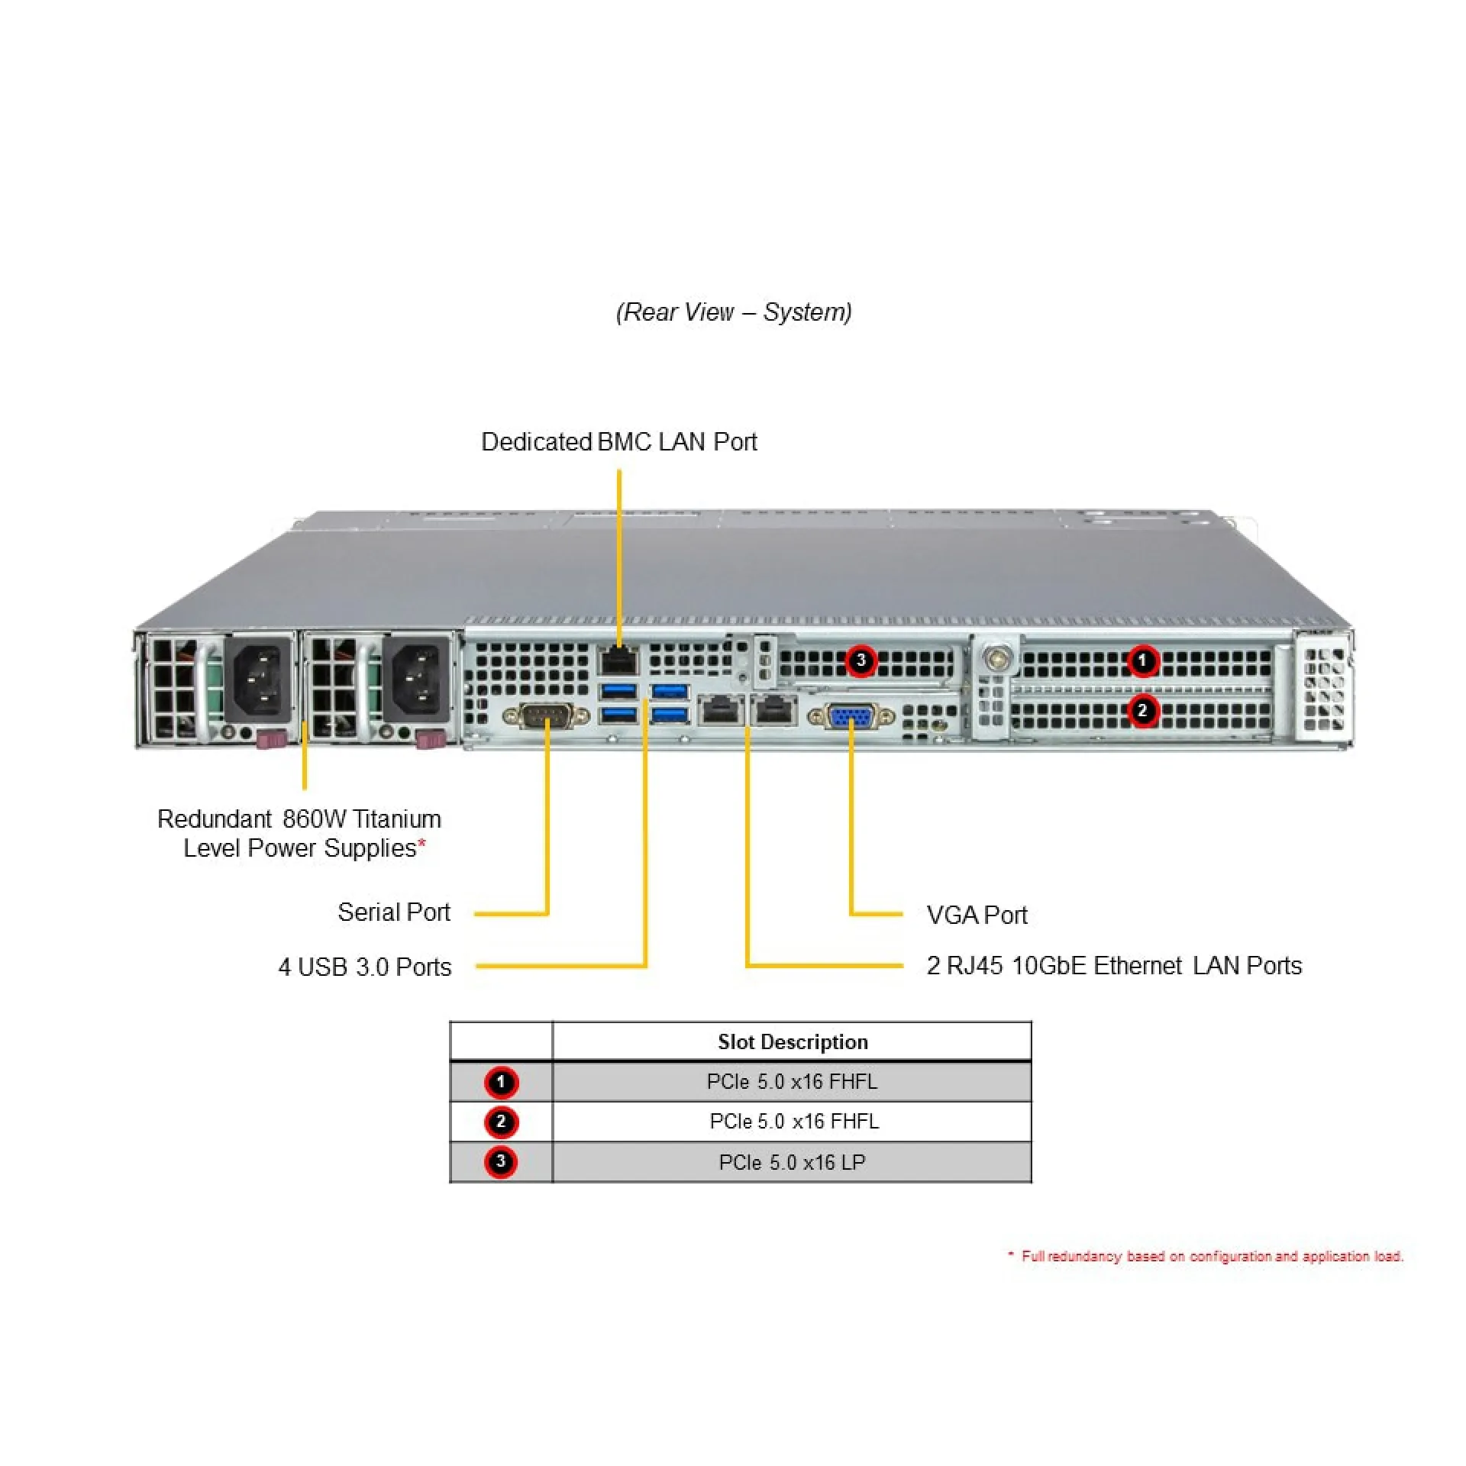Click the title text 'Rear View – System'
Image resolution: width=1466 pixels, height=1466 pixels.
coord(734,312)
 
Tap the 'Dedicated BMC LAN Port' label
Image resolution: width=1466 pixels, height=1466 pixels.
coord(618,442)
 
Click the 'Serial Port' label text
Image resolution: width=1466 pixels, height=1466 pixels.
coord(394,912)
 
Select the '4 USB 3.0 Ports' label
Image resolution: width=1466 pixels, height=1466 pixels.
coord(365,967)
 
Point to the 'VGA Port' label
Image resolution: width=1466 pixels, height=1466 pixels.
coord(977,915)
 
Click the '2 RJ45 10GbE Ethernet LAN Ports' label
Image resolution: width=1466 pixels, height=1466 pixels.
coord(1113,966)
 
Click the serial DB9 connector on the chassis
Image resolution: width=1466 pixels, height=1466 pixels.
coord(546,716)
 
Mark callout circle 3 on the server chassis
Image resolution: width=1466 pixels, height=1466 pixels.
coord(861,660)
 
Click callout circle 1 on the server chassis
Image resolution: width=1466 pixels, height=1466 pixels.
coord(1142,660)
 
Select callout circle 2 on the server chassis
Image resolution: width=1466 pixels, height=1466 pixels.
coord(1142,711)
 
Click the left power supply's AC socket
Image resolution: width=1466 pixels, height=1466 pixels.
coord(260,680)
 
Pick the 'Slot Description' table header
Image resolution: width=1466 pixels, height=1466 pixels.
coord(792,1042)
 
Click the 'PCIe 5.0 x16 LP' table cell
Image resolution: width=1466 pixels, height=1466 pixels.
coord(792,1162)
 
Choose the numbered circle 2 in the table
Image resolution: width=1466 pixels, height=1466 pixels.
coord(501,1122)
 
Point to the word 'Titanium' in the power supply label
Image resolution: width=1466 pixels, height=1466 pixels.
coord(397,819)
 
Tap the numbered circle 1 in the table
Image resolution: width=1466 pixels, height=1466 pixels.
coord(501,1082)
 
